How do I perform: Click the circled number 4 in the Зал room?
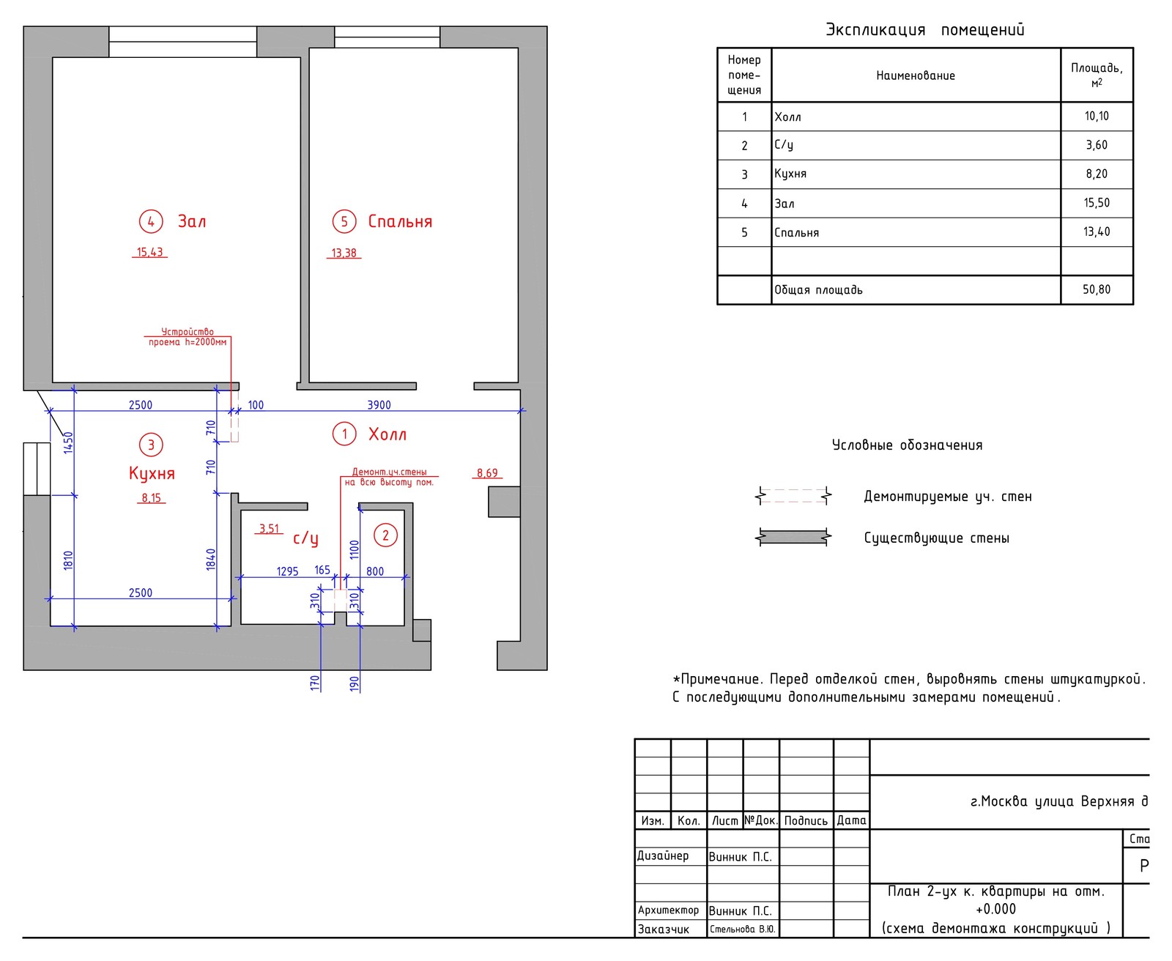(151, 221)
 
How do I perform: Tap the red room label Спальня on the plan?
(400, 221)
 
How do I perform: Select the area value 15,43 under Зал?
(150, 252)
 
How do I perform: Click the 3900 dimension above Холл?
(379, 405)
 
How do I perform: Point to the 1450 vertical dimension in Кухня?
(68, 442)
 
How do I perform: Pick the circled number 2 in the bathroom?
(386, 535)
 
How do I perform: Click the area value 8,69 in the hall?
(487, 473)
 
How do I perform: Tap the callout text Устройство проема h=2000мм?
(188, 337)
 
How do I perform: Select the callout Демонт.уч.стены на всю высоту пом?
(389, 477)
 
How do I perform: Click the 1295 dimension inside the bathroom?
(287, 571)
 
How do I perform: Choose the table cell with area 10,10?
(1097, 116)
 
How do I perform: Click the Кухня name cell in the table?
(790, 174)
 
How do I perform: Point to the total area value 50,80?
(1097, 289)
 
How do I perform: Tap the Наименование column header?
(916, 75)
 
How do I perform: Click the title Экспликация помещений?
(924, 30)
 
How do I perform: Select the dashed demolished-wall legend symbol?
(793, 496)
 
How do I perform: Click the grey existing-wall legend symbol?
(793, 538)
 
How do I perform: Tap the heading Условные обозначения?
(907, 445)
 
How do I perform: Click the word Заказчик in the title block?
(664, 930)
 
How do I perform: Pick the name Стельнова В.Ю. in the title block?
(742, 930)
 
